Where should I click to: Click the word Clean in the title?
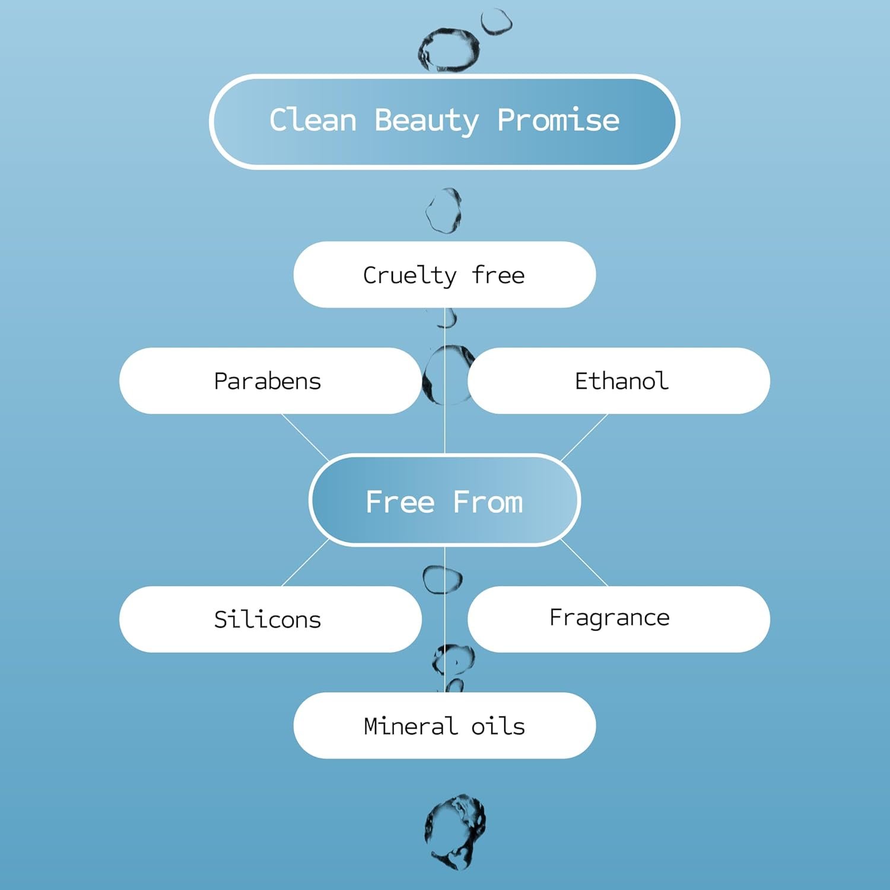313,120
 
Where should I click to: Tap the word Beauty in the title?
427,122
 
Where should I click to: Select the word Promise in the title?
558,120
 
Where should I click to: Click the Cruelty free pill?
444,275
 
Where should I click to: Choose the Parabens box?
270,381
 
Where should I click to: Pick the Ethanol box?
619,381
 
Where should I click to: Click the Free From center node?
444,500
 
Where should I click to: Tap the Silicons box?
270,619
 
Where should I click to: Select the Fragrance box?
619,619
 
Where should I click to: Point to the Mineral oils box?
444,725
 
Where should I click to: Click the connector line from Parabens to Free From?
305,437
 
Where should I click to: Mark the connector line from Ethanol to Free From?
584,437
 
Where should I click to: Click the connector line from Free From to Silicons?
305,562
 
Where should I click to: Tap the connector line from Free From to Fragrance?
584,562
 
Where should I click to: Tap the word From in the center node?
488,502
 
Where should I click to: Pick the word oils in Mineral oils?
498,726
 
